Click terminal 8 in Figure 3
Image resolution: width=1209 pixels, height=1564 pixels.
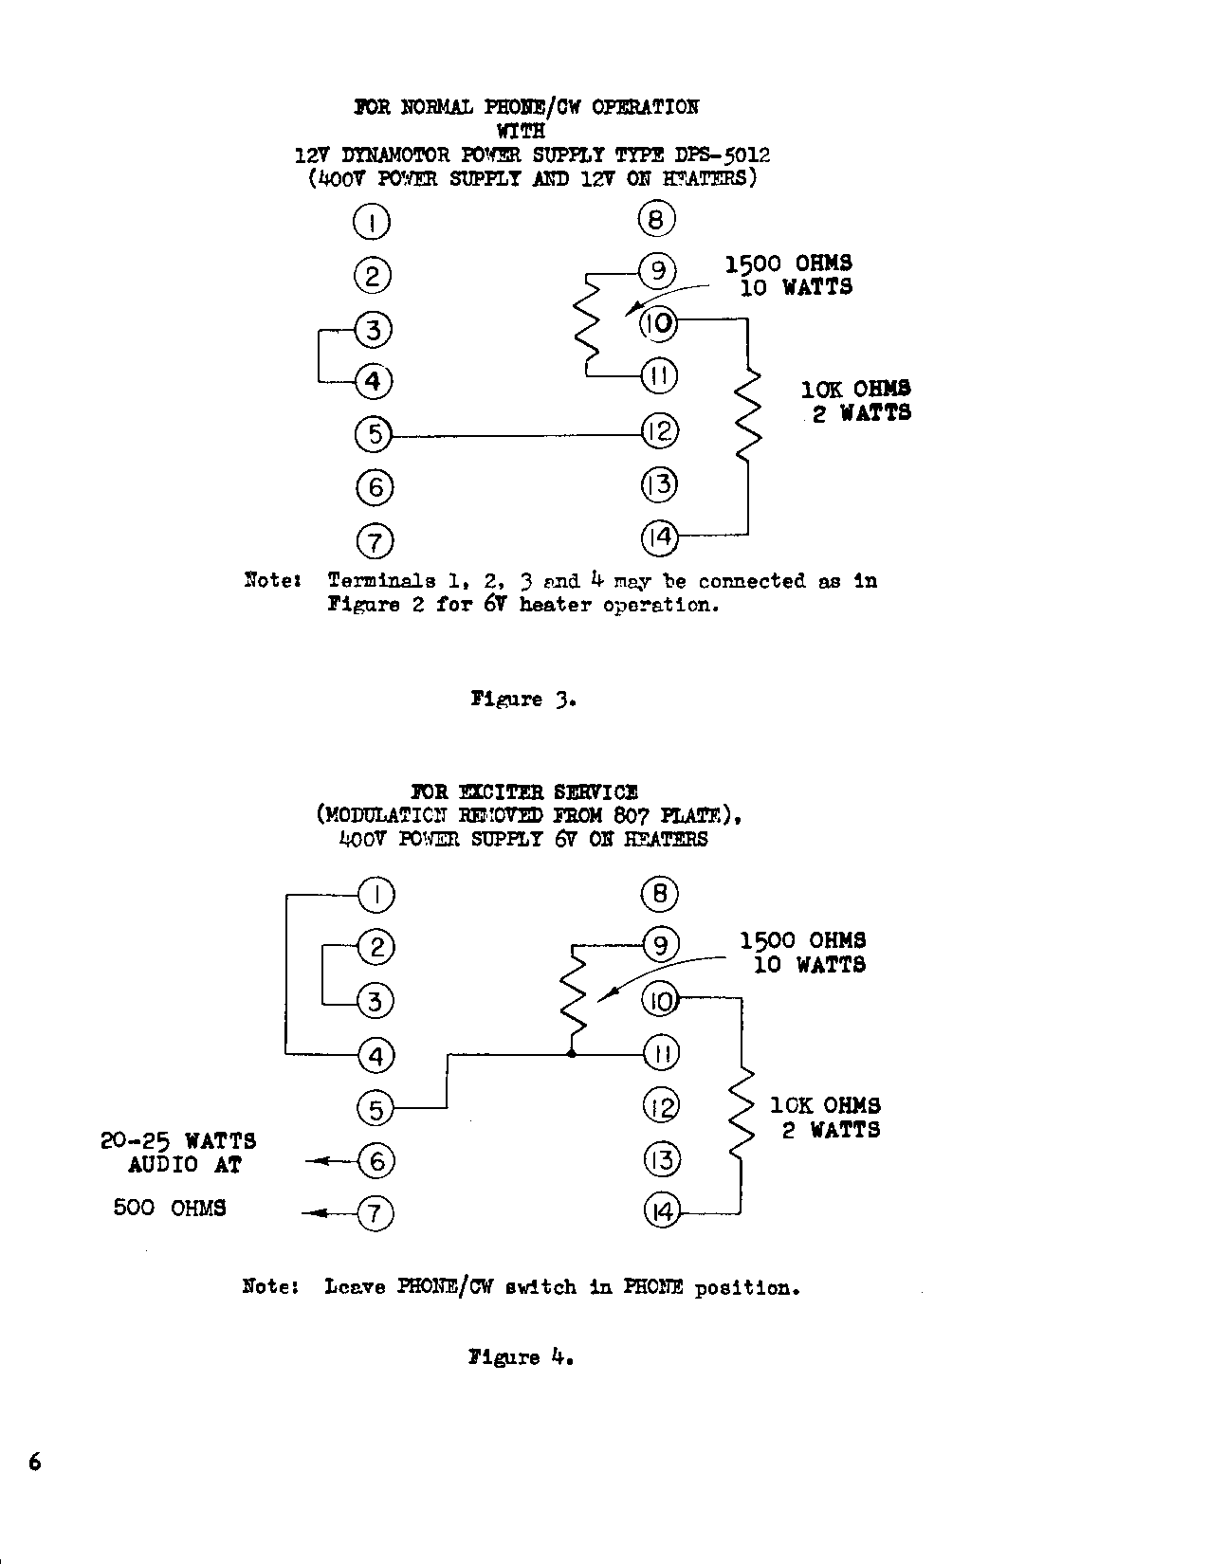click(x=656, y=220)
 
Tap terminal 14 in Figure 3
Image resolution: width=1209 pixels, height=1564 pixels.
click(x=659, y=537)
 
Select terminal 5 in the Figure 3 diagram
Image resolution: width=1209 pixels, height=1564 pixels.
click(x=374, y=435)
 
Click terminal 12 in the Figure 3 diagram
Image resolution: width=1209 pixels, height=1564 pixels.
click(x=659, y=431)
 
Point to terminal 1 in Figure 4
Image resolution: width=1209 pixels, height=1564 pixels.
click(x=376, y=894)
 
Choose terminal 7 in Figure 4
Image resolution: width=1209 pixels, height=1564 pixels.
click(x=376, y=1213)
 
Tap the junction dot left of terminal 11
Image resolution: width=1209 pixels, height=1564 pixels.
click(x=571, y=1053)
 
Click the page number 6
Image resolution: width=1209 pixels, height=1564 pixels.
click(x=35, y=1462)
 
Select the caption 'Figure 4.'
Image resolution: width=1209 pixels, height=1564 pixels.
click(x=522, y=1357)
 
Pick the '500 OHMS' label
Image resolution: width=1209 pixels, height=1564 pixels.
click(x=170, y=1208)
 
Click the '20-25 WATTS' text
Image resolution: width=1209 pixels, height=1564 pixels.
click(x=178, y=1140)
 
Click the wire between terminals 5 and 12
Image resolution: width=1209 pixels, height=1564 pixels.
click(x=517, y=436)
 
